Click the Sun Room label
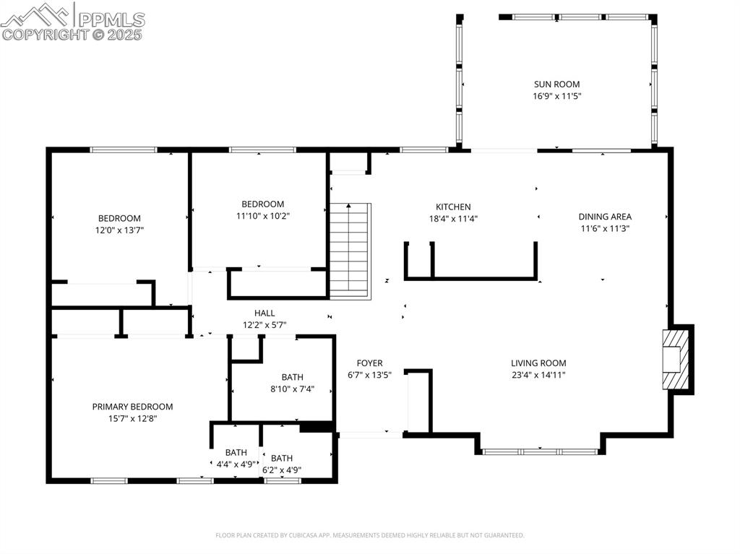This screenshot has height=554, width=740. click(556, 84)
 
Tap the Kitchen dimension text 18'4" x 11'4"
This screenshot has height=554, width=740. click(453, 218)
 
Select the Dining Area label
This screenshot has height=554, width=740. click(605, 216)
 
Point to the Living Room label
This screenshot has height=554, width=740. click(538, 363)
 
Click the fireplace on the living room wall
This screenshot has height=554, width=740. click(677, 359)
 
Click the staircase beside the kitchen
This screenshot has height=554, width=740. click(350, 250)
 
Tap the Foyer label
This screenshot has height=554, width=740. click(369, 363)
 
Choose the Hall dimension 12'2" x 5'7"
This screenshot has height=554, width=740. click(264, 325)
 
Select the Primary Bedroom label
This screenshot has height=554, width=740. click(132, 407)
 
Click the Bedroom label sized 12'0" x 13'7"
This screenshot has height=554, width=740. click(119, 218)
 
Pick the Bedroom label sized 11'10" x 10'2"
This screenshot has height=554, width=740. click(262, 204)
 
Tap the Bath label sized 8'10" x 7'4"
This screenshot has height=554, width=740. click(292, 377)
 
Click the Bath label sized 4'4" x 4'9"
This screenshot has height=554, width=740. click(236, 453)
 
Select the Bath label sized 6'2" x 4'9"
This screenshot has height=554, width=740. click(281, 458)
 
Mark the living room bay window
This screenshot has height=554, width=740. click(539, 451)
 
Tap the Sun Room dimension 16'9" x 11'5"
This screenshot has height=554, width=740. click(556, 95)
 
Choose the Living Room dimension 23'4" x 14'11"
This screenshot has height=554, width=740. click(538, 375)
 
